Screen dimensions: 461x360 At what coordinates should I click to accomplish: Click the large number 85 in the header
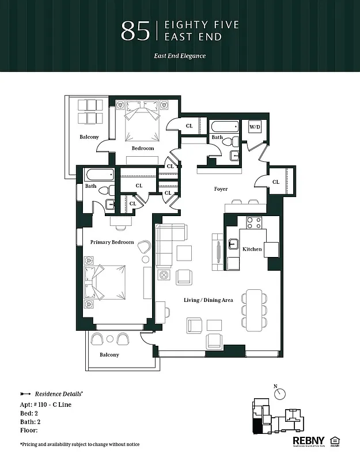pyautogui.click(x=136, y=31)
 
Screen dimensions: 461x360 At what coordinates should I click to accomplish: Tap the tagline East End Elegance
pyautogui.click(x=180, y=56)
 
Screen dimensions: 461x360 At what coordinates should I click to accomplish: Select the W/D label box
pyautogui.click(x=254, y=127)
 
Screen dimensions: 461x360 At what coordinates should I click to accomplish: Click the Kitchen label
pyautogui.click(x=252, y=249)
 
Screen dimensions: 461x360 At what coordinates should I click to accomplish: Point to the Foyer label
pyautogui.click(x=221, y=189)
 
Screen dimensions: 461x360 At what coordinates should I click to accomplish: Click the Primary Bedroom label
pyautogui.click(x=112, y=242)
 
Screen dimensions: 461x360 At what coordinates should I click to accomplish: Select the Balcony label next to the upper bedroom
pyautogui.click(x=89, y=137)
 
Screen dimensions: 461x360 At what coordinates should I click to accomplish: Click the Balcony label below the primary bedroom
pyautogui.click(x=109, y=355)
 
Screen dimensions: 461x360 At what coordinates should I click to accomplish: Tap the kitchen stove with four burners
pyautogui.click(x=254, y=221)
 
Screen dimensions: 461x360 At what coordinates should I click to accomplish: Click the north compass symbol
pyautogui.click(x=281, y=393)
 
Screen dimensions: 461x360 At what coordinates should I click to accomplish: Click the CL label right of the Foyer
pyautogui.click(x=275, y=182)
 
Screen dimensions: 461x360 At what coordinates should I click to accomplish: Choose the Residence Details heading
pyautogui.click(x=59, y=392)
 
